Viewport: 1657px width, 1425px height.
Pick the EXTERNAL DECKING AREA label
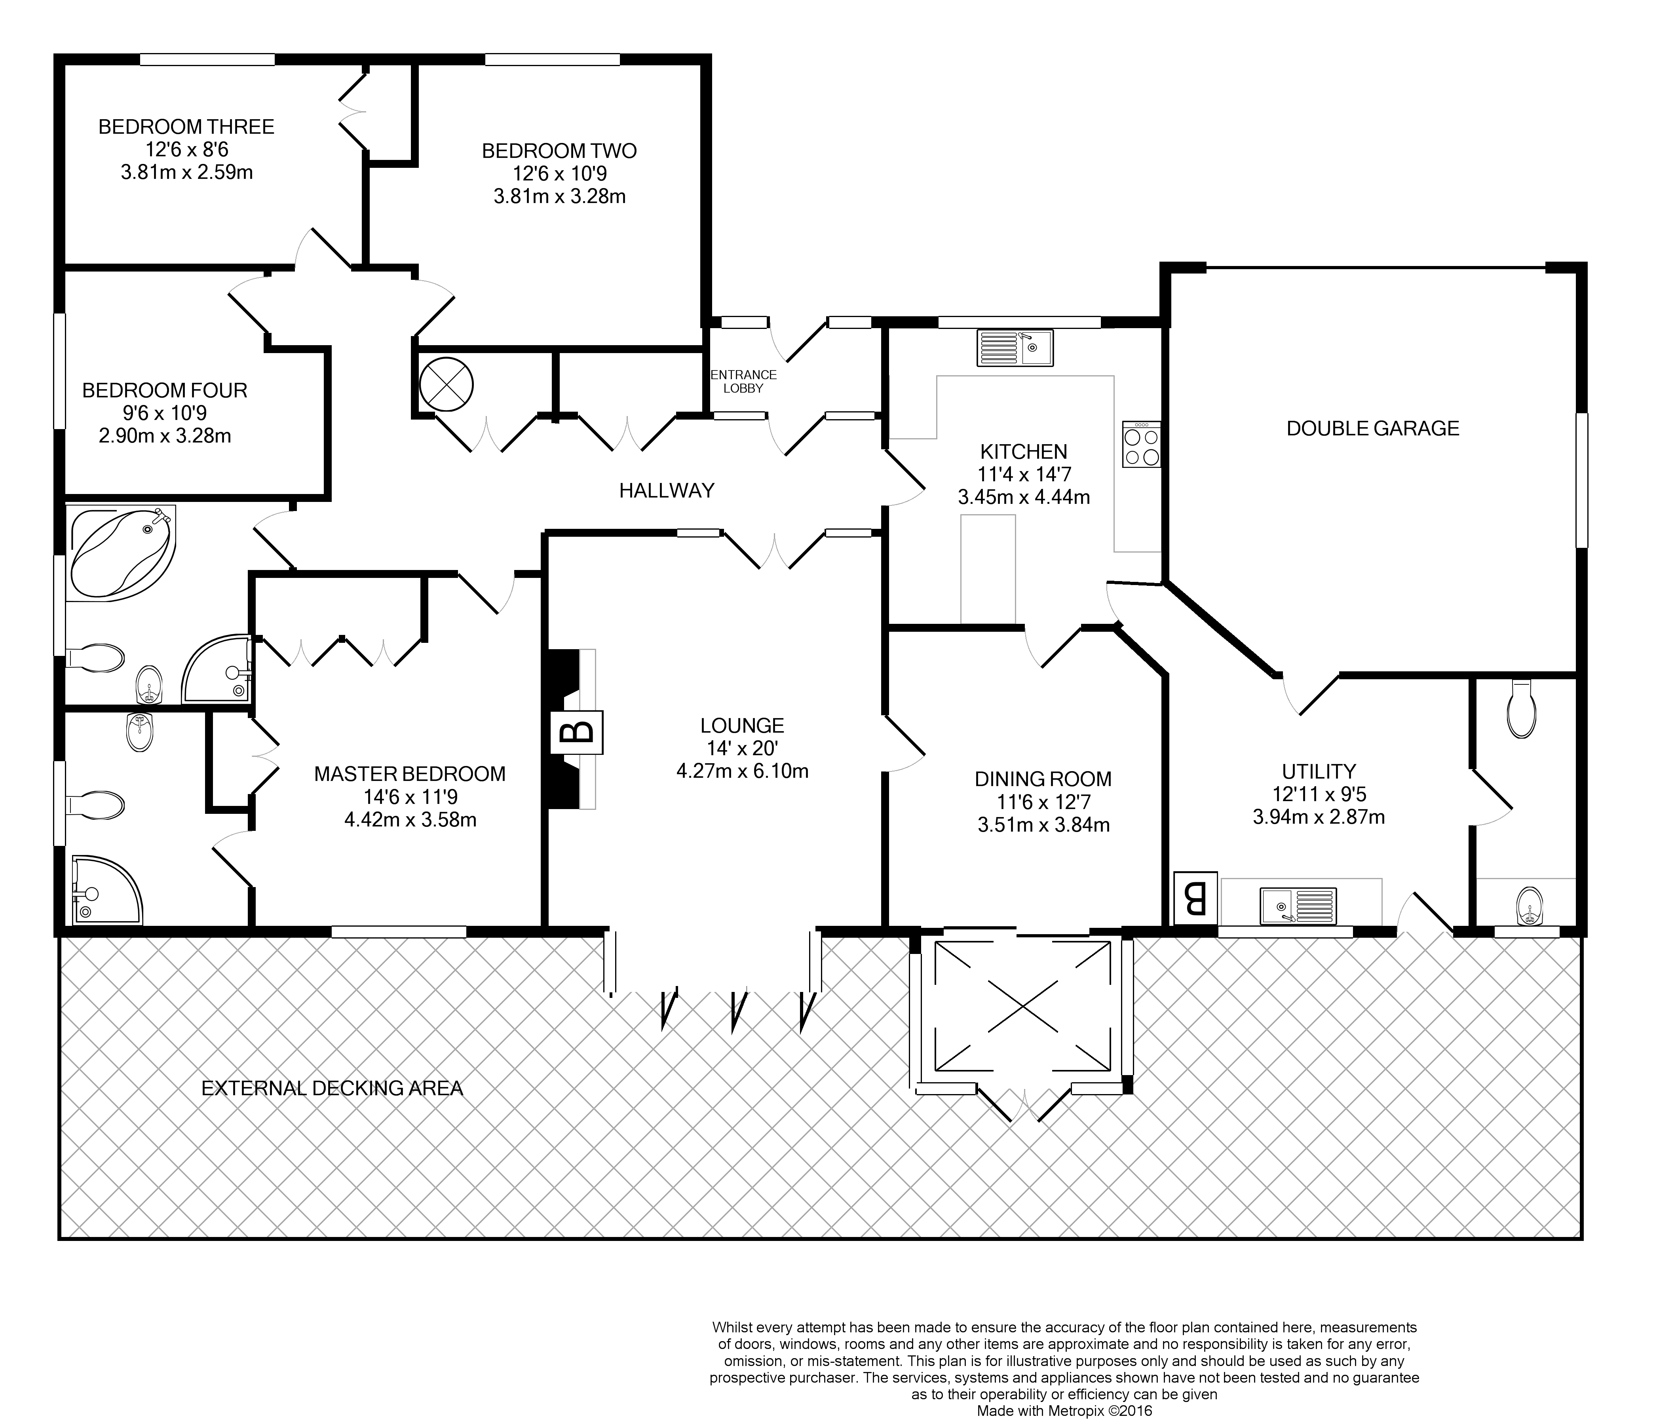332,1088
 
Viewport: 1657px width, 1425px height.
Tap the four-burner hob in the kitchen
1141,445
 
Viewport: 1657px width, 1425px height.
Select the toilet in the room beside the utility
1520,709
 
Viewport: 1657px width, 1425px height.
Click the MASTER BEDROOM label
409,774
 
